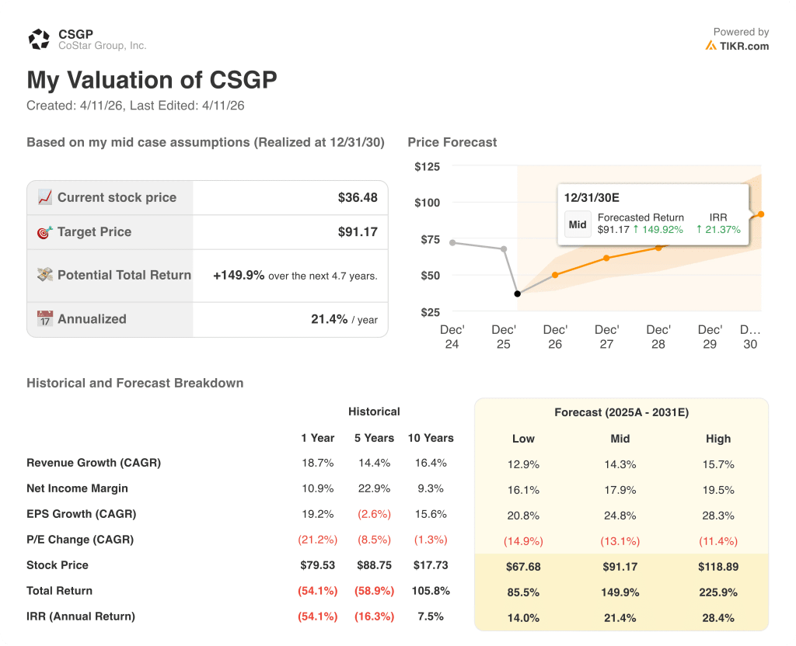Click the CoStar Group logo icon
pyautogui.click(x=39, y=40)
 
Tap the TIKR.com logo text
pyautogui.click(x=743, y=46)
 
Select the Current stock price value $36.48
pyautogui.click(x=358, y=198)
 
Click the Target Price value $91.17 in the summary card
pyautogui.click(x=358, y=232)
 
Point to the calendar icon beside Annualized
pyautogui.click(x=45, y=319)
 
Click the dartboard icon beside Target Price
pyautogui.click(x=45, y=232)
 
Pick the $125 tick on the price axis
pyautogui.click(x=427, y=167)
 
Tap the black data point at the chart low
pyautogui.click(x=518, y=293)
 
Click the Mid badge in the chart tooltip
pyautogui.click(x=578, y=224)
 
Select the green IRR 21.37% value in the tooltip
pyautogui.click(x=718, y=230)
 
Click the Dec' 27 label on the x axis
pyautogui.click(x=607, y=337)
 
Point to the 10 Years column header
pyautogui.click(x=431, y=438)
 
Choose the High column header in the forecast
pyautogui.click(x=718, y=439)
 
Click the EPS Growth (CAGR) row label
pyautogui.click(x=81, y=514)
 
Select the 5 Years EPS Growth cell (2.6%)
pyautogui.click(x=374, y=514)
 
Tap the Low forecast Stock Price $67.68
pyautogui.click(x=523, y=567)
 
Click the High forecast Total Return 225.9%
pyautogui.click(x=718, y=592)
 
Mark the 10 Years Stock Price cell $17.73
pyautogui.click(x=431, y=565)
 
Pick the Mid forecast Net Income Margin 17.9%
pyautogui.click(x=620, y=490)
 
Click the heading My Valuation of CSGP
pyautogui.click(x=152, y=80)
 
